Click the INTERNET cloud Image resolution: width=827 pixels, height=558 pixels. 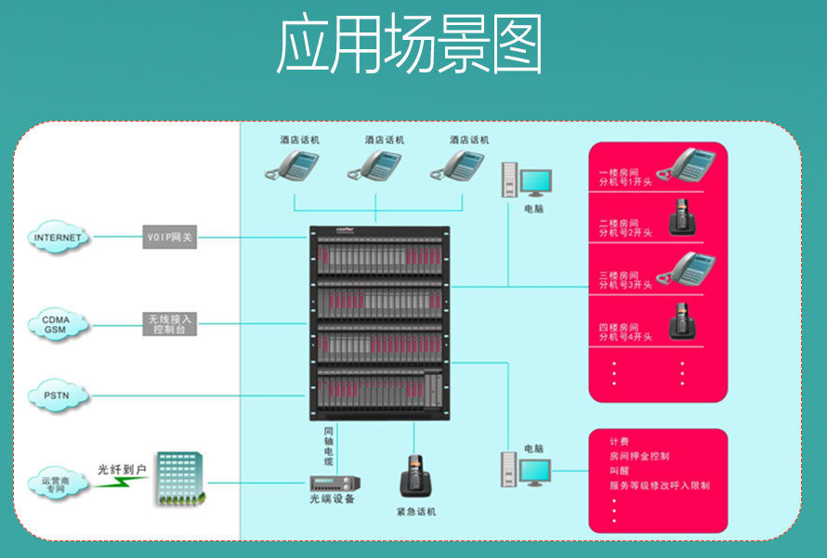[58, 237]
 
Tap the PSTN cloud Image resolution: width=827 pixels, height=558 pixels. [58, 396]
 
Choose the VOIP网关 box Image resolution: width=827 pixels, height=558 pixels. [170, 237]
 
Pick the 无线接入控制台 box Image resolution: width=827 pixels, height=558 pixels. [170, 324]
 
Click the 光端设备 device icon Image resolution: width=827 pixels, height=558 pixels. [335, 484]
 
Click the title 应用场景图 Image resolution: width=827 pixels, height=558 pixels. [409, 44]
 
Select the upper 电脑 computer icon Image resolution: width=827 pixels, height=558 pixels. [526, 180]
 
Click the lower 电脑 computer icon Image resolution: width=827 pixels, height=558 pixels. [526, 471]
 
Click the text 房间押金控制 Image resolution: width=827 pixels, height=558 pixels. [639, 456]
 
